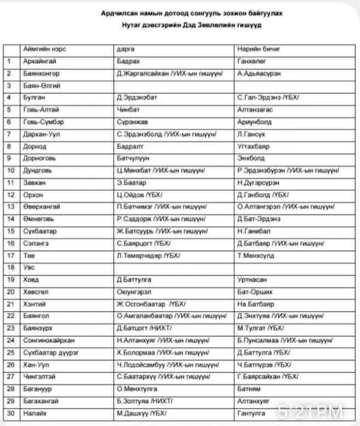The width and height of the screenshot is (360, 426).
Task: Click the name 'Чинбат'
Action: tap(128, 110)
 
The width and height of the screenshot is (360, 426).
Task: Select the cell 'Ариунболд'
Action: tap(254, 122)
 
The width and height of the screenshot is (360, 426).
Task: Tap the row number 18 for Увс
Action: tap(9, 267)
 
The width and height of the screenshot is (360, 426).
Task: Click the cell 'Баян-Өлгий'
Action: tap(42, 85)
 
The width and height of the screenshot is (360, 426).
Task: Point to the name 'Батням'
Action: tap(248, 389)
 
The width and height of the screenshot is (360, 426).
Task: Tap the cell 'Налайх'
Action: tap(36, 413)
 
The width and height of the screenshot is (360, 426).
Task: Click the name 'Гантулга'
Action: tap(251, 413)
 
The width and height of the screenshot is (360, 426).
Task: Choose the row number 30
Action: tap(9, 413)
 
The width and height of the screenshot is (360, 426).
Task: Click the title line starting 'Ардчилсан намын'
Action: tap(196, 12)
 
